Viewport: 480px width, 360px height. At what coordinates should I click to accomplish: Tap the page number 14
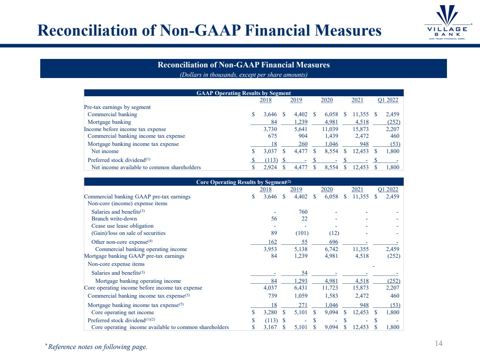pos(439,343)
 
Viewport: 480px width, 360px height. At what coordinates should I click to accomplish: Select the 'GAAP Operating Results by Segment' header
pos(244,93)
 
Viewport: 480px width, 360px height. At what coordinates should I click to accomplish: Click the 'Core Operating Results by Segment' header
pos(244,182)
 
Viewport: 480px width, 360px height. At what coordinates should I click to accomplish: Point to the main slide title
pos(209,31)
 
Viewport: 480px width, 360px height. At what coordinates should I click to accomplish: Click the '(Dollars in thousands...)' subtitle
pos(244,75)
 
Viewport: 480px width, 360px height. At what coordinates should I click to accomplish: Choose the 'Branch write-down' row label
pos(114,219)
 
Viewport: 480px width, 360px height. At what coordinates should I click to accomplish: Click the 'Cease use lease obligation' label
pos(122,226)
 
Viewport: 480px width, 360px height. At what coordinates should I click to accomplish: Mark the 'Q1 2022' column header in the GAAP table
pos(388,100)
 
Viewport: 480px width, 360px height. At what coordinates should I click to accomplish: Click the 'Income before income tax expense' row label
pos(125,129)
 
